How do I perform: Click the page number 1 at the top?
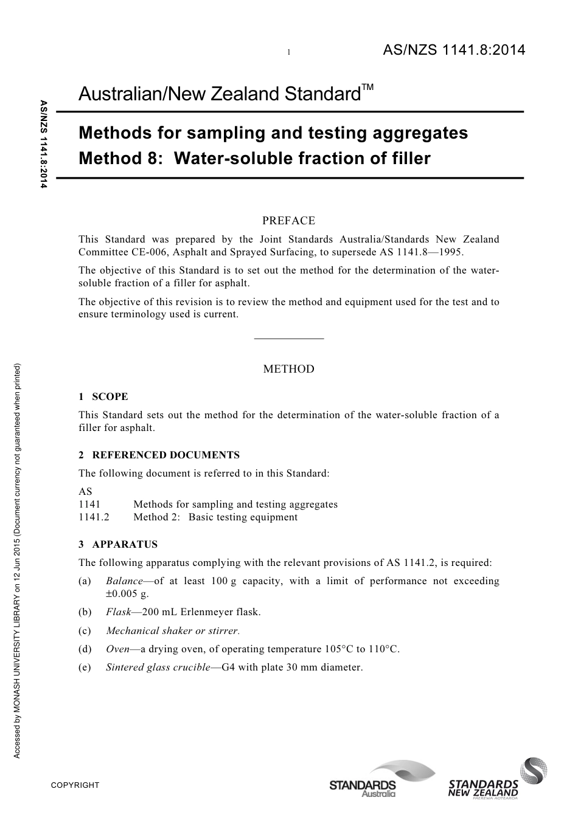(288, 53)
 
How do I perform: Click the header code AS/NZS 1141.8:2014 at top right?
(453, 50)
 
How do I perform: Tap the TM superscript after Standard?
(367, 88)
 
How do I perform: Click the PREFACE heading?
(288, 221)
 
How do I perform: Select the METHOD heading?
(288, 369)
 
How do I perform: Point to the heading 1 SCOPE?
(103, 397)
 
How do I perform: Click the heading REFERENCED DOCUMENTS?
(165, 455)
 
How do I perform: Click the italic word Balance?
(124, 581)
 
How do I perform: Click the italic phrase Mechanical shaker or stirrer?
(172, 630)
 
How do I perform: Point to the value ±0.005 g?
(127, 593)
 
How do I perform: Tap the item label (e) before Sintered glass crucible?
(85, 667)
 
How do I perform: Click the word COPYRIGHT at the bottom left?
(75, 785)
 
